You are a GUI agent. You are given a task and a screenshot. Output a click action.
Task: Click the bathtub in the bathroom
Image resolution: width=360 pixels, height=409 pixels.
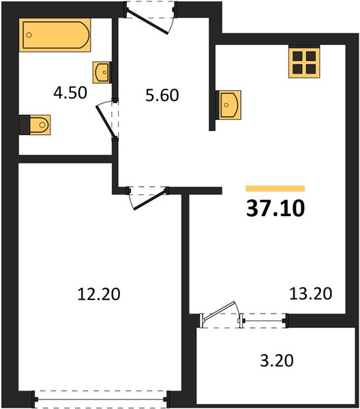(55, 35)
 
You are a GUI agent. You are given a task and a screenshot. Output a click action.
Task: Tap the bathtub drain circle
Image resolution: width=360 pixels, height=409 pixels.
(29, 35)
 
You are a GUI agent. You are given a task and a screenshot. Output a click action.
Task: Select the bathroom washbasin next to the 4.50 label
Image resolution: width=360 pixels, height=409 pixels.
(102, 72)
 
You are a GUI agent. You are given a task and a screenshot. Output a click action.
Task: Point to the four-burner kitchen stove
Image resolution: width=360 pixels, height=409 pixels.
(304, 61)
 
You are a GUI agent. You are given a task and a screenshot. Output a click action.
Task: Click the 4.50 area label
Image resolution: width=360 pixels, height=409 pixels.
(70, 93)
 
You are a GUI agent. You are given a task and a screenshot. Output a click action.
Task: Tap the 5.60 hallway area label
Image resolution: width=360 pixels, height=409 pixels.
(162, 95)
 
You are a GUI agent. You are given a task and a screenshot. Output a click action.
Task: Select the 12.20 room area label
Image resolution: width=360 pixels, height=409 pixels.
(99, 294)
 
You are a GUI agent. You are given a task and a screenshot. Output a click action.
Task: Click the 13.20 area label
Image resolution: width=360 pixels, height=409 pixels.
(311, 293)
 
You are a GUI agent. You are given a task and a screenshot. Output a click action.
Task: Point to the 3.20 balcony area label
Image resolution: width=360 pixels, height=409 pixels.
(277, 361)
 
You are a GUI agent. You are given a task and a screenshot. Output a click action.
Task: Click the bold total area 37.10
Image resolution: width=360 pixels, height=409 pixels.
(275, 209)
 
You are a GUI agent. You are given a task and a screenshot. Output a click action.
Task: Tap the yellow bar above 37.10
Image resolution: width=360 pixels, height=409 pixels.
(275, 188)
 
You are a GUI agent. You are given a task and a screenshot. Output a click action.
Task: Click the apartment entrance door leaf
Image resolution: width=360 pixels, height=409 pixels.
(147, 22)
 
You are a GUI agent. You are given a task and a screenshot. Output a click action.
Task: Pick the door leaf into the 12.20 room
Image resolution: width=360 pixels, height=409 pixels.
(150, 200)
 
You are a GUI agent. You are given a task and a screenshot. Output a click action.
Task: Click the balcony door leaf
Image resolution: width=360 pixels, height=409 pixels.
(219, 310)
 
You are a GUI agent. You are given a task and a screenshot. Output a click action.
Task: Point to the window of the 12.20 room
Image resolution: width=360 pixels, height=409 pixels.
(101, 399)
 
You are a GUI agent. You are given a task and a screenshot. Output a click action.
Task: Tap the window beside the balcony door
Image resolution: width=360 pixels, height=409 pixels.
(264, 320)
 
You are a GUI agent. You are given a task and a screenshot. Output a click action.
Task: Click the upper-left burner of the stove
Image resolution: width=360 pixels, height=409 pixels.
(297, 56)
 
